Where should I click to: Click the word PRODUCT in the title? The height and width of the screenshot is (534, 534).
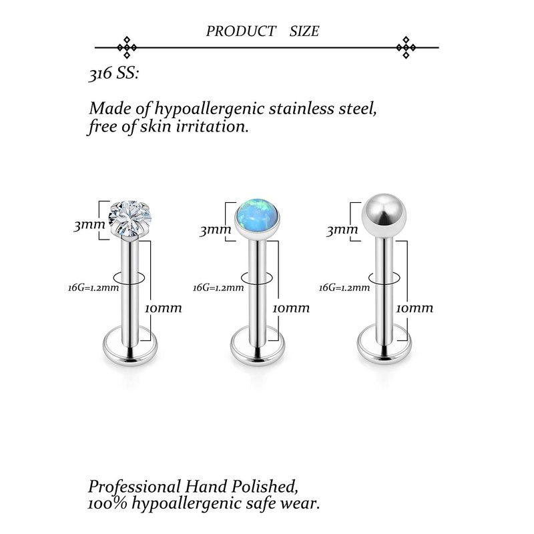[x=240, y=31]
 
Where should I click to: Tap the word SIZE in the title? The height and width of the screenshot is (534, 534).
[x=304, y=31]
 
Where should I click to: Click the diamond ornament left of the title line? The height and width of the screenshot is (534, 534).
[x=127, y=47]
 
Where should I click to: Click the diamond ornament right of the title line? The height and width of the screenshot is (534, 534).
[x=406, y=47]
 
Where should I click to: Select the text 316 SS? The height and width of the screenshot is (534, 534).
[x=113, y=74]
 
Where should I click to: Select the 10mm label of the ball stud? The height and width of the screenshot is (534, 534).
[x=415, y=308]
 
